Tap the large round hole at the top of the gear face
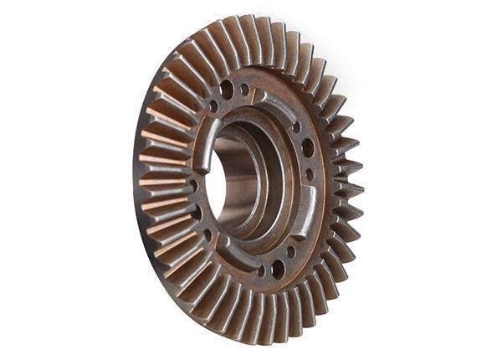click(227, 87)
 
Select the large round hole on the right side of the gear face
click(308, 148)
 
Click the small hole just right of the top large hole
click(244, 89)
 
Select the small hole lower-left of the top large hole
click(213, 106)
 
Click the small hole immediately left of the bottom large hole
click(260, 270)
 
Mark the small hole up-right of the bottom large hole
click(291, 251)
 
